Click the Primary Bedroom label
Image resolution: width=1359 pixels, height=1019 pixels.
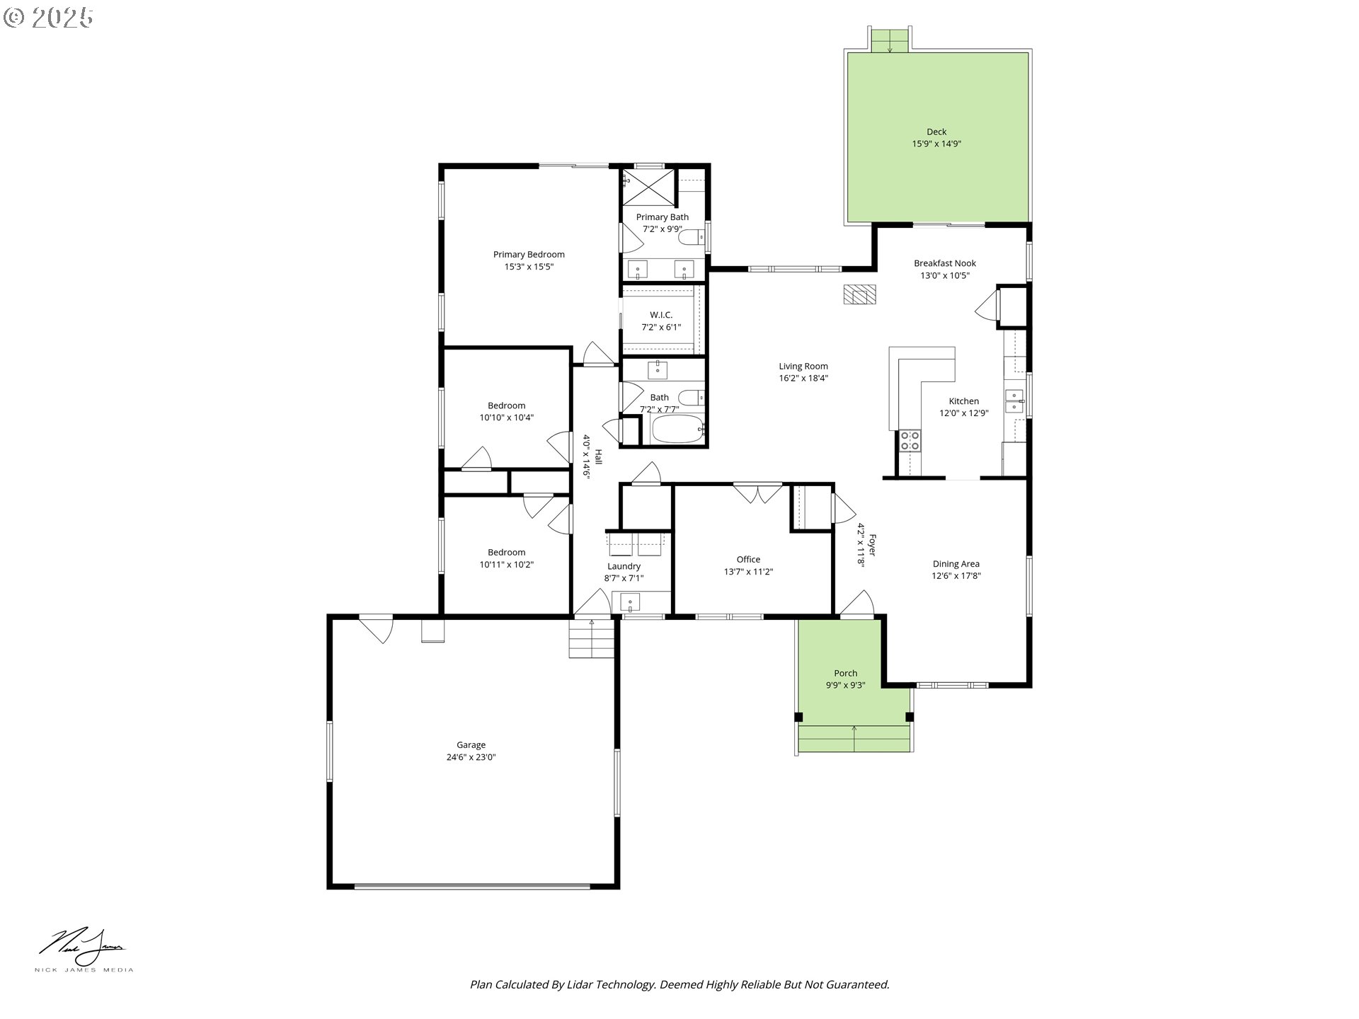[529, 255]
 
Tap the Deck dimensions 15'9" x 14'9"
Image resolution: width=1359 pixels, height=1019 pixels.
[936, 144]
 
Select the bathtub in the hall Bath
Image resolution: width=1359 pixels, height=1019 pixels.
[677, 429]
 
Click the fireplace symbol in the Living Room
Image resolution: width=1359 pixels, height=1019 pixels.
[859, 294]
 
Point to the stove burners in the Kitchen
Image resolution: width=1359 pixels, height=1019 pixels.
[910, 441]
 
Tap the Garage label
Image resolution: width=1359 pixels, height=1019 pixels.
[471, 744]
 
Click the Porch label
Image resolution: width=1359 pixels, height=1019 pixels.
[845, 673]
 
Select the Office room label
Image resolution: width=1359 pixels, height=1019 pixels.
[748, 560]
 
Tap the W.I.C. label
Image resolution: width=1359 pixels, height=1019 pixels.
[661, 315]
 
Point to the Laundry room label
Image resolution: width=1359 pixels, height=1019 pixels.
[624, 566]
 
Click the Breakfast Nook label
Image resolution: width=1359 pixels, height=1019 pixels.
[945, 263]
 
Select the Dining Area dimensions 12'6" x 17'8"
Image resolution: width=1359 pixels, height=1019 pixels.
[956, 576]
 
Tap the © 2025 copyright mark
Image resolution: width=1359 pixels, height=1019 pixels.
[48, 18]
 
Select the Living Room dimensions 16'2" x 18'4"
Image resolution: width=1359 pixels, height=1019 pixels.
[803, 378]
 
